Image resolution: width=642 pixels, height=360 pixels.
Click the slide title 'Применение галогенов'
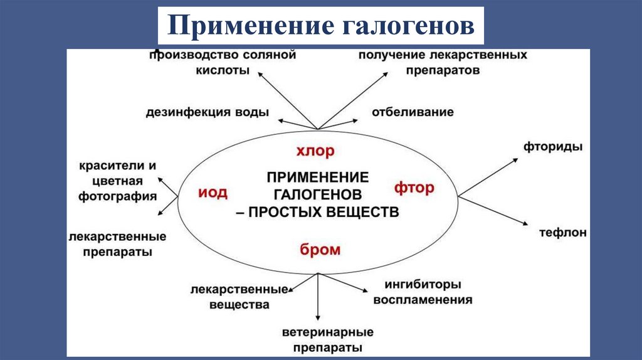click(320, 26)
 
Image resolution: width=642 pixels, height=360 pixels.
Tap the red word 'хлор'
click(316, 151)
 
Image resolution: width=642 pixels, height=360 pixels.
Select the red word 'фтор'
click(414, 188)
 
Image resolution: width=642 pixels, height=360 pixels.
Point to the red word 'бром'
click(320, 250)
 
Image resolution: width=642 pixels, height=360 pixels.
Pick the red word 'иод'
click(213, 192)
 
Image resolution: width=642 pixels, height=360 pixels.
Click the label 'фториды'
click(553, 147)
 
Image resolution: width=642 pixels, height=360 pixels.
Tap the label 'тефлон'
click(563, 233)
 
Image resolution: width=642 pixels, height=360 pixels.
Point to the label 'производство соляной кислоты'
click(222, 63)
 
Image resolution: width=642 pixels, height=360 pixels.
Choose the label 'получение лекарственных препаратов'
click(443, 63)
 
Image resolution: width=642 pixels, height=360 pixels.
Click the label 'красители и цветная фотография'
click(118, 181)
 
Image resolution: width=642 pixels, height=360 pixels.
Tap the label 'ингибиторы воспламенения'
click(423, 292)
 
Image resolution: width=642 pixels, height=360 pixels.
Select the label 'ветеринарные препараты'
click(328, 339)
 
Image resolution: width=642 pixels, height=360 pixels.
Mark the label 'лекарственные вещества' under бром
click(241, 297)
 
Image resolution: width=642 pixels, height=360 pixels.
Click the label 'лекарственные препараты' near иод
click(118, 244)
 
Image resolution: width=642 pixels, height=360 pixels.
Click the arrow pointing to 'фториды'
click(489, 177)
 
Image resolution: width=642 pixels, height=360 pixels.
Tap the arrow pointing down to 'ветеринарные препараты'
click(318, 298)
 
